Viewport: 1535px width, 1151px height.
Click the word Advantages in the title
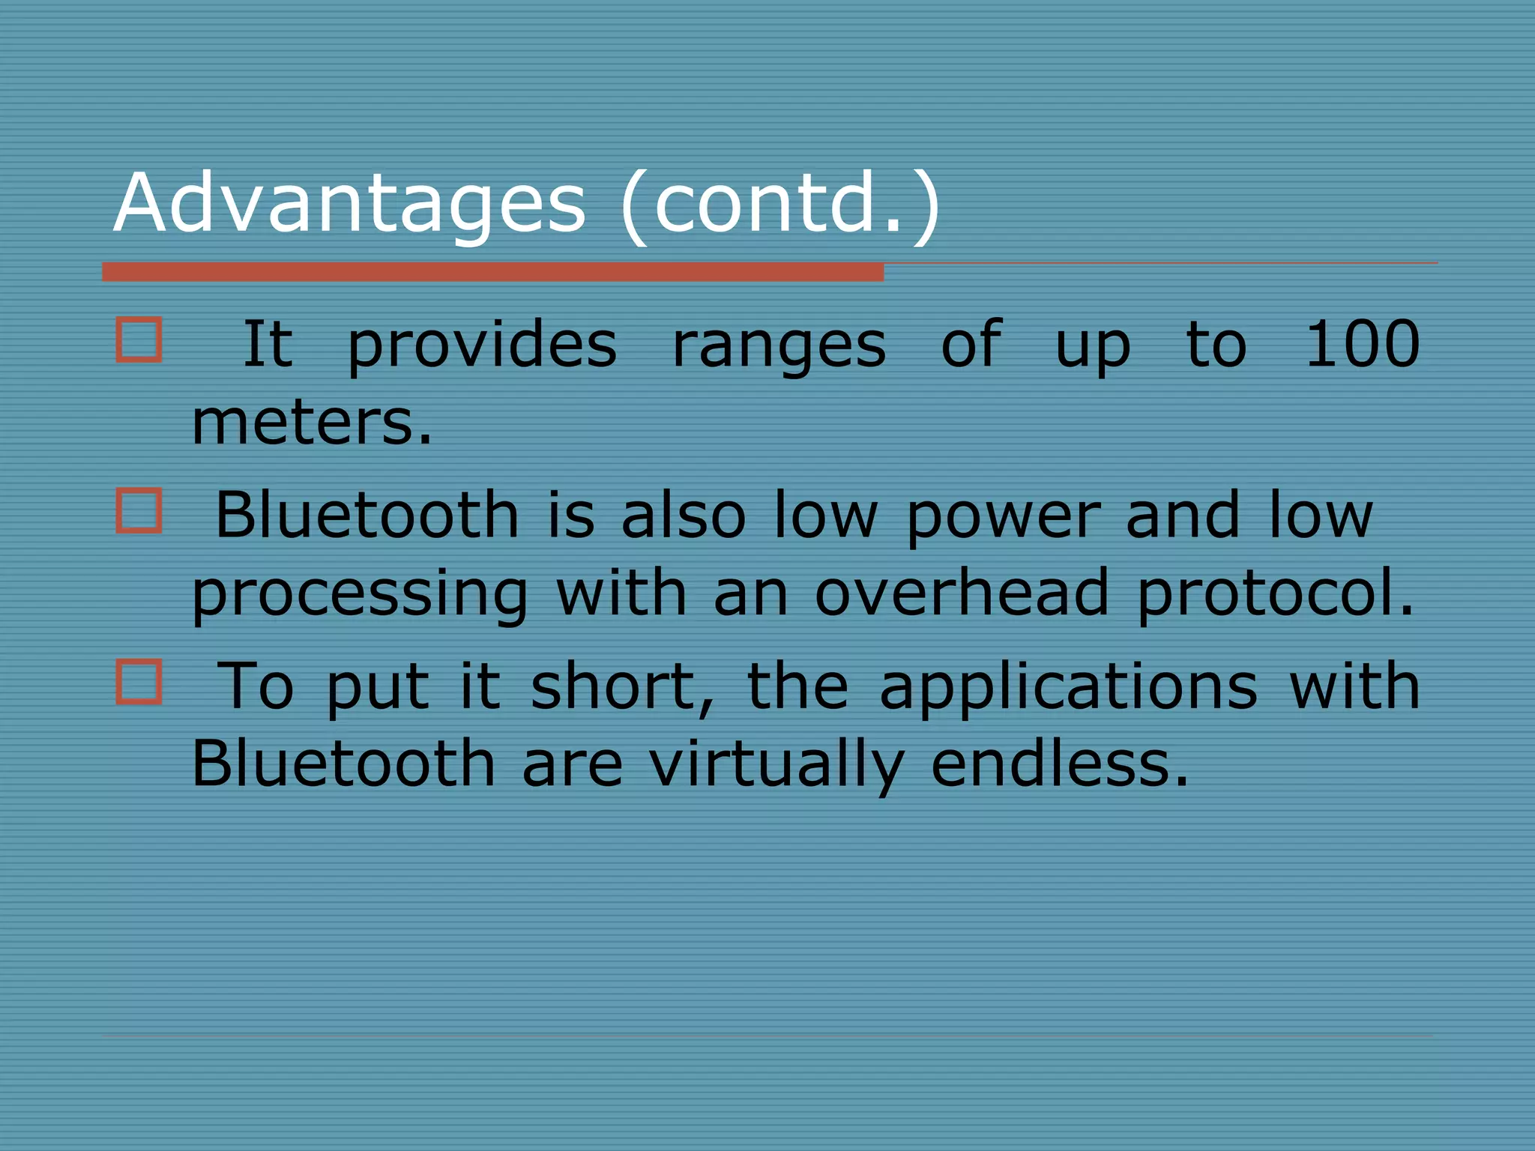349,202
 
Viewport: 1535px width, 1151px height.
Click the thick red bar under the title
492,272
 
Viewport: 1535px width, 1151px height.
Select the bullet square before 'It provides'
139,340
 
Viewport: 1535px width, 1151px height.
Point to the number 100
1362,344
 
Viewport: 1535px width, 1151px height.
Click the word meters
311,422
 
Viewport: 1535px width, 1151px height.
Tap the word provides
482,346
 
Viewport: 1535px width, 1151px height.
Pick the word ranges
779,348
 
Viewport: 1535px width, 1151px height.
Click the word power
1003,517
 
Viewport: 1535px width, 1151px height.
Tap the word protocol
1274,593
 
